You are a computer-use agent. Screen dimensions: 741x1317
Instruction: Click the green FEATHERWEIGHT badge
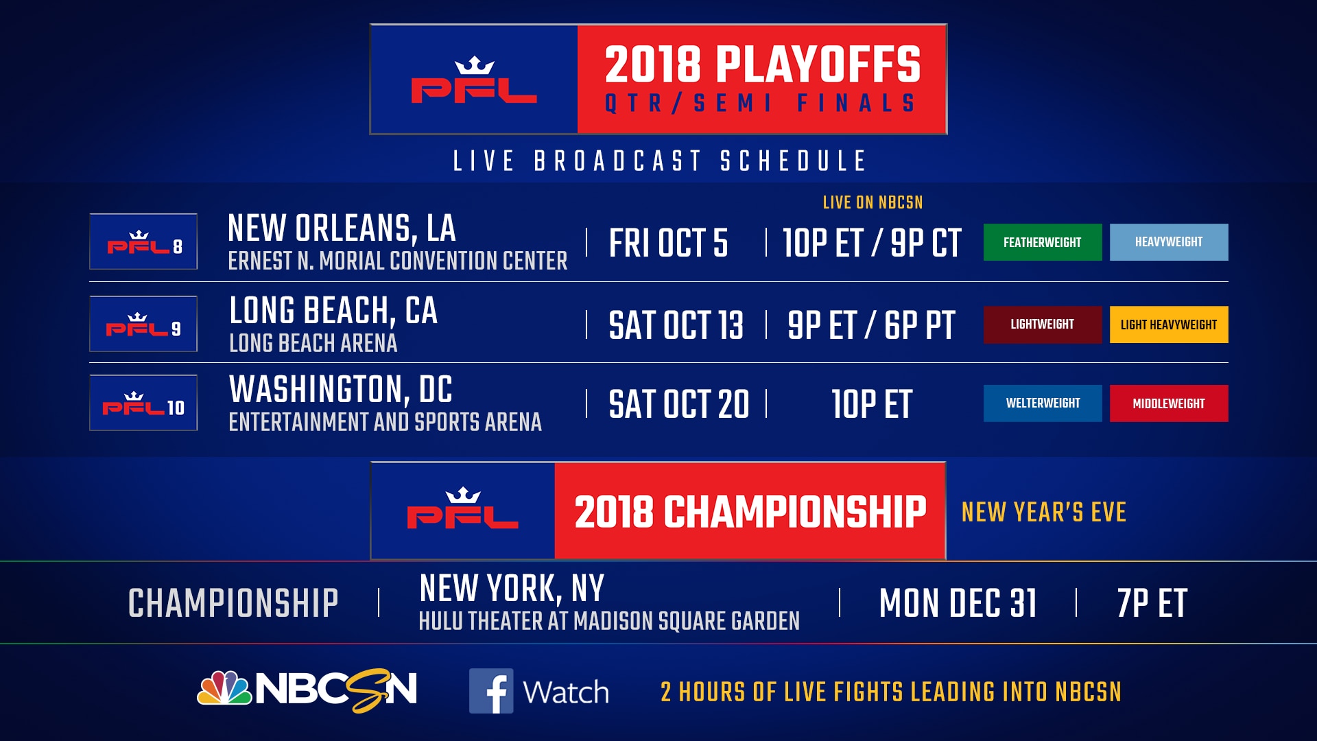point(1042,242)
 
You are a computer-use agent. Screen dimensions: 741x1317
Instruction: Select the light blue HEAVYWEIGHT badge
point(1168,242)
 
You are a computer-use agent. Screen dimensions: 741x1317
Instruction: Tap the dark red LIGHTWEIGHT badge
point(1042,325)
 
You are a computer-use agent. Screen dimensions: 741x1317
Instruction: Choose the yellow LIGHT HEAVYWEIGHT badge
point(1168,325)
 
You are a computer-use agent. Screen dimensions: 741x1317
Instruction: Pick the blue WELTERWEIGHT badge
point(1042,403)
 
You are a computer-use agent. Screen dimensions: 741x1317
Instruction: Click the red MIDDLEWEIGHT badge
point(1168,403)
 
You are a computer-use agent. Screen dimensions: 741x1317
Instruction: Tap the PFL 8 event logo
point(143,242)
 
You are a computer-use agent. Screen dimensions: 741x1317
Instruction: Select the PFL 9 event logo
point(143,324)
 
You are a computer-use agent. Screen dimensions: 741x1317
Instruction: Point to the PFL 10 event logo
point(143,403)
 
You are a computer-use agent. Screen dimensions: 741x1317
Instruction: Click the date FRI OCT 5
point(668,244)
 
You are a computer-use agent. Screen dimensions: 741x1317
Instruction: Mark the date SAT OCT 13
point(676,325)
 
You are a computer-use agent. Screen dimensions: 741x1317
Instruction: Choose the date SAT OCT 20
point(678,404)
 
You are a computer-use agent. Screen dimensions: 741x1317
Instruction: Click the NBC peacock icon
point(224,688)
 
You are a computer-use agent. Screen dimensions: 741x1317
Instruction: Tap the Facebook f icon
point(491,691)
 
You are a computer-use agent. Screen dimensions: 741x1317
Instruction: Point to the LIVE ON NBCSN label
point(873,202)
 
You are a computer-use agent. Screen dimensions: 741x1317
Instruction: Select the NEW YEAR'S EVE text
point(1043,512)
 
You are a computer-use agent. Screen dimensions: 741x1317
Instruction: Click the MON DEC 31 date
point(958,604)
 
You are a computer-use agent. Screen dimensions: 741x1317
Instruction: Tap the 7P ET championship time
point(1152,604)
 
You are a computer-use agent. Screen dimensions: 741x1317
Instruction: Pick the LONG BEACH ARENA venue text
point(313,343)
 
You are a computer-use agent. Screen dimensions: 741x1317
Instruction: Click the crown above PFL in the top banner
point(474,66)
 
